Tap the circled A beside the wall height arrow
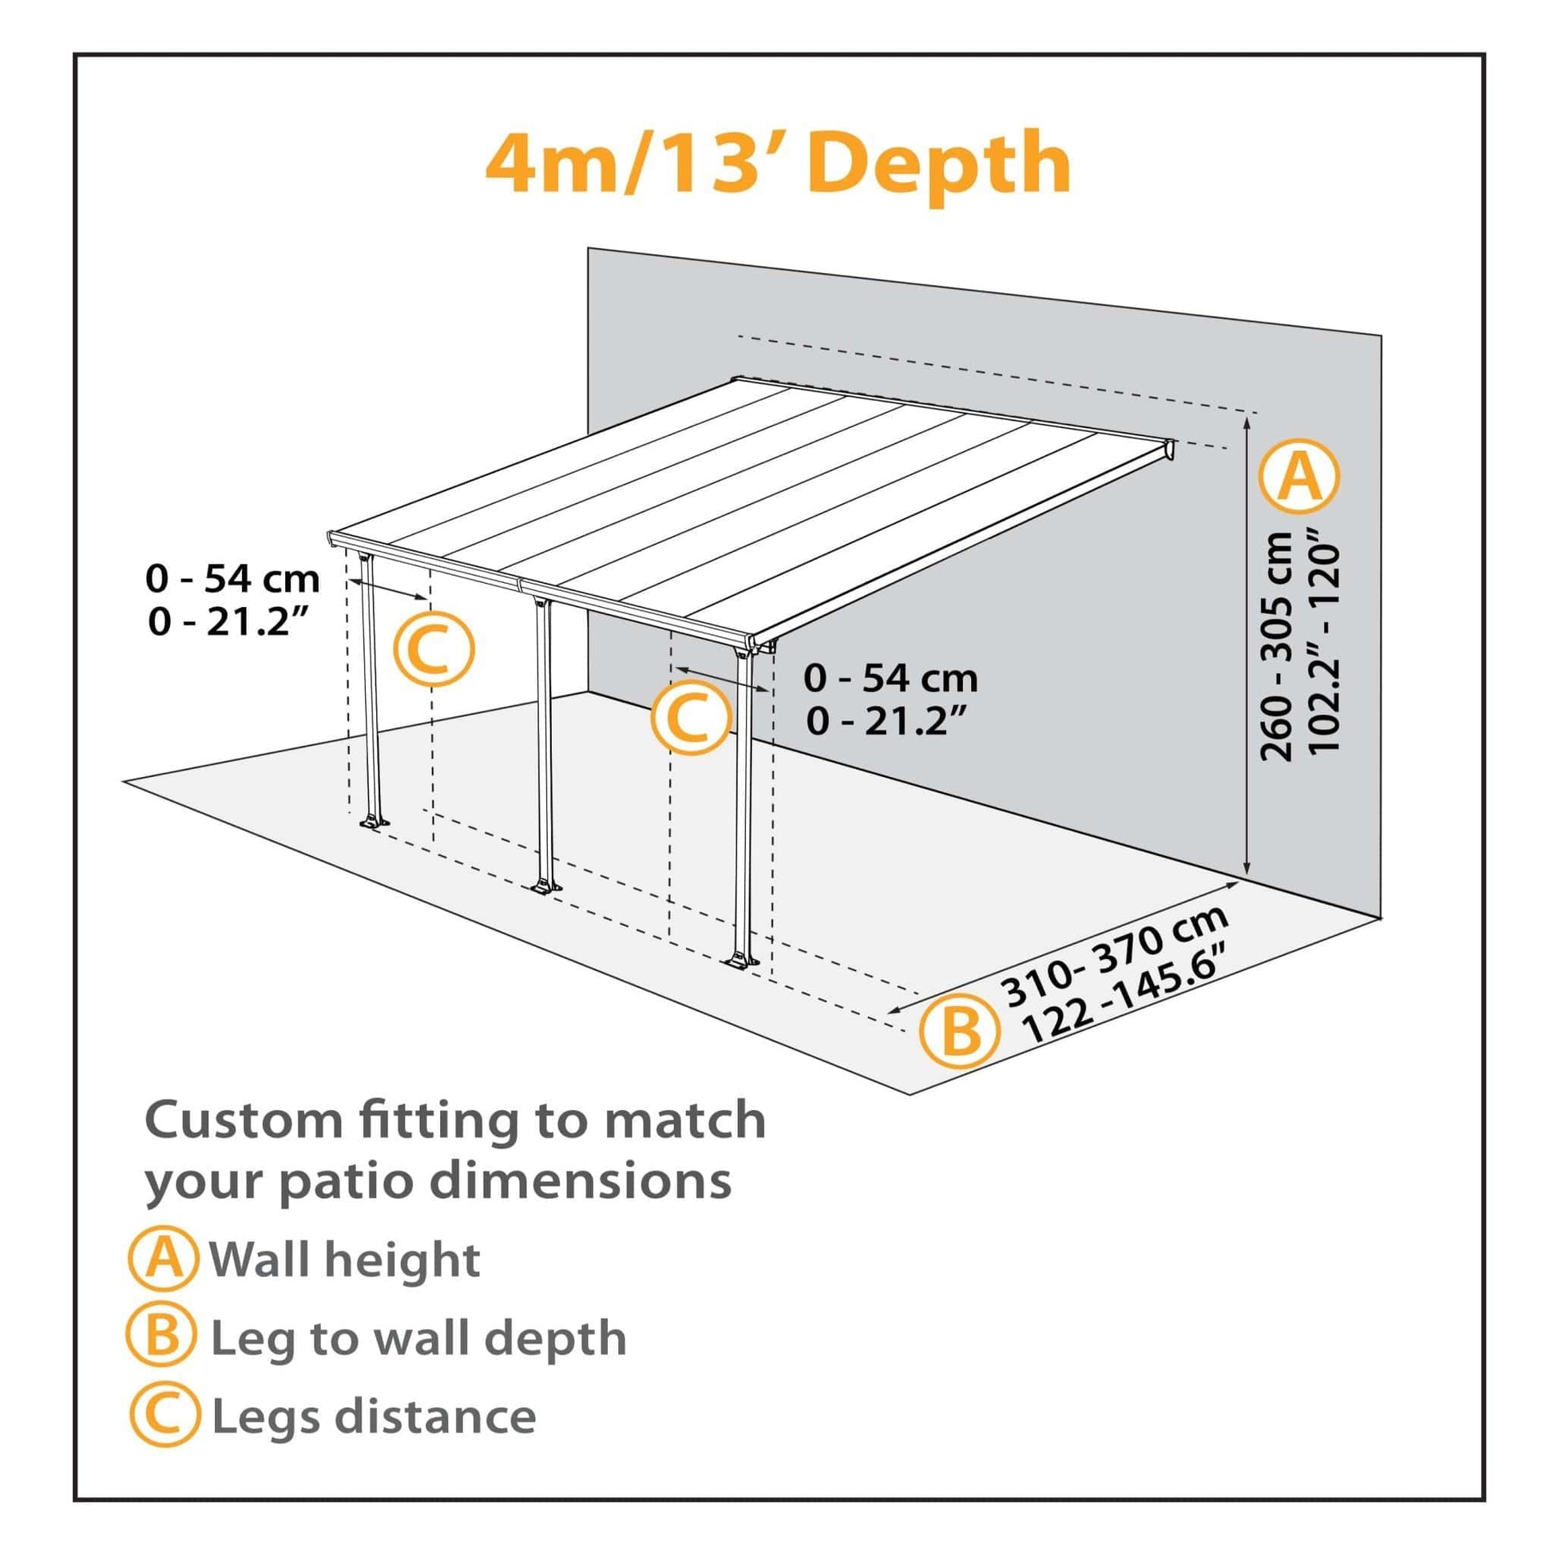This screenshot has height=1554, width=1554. coord(1300,477)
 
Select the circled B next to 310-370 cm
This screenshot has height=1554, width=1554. coord(961,1031)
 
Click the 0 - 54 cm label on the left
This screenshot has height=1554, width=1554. coord(232,579)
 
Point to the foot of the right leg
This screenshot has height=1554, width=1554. coord(740,961)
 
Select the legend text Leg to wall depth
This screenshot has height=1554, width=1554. coord(418,1338)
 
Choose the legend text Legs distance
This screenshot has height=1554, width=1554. coord(374,1417)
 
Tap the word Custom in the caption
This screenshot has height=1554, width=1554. coord(245,1120)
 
